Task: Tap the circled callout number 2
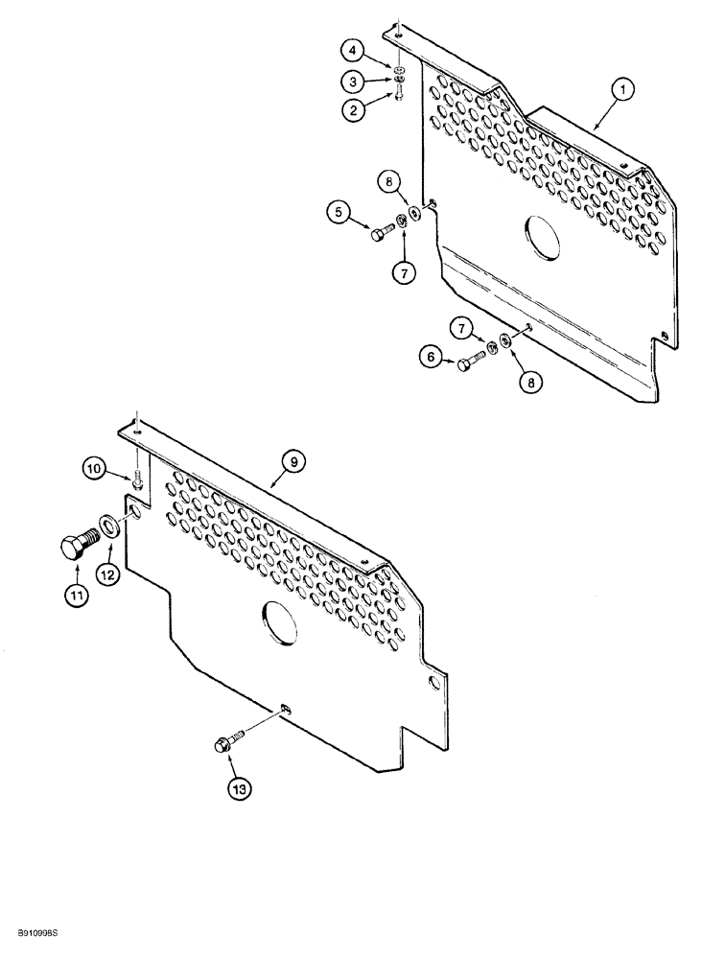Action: click(x=356, y=109)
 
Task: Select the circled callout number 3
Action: click(x=356, y=81)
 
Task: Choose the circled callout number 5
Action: click(x=339, y=213)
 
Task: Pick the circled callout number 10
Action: click(x=94, y=469)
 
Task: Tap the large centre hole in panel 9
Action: click(x=279, y=620)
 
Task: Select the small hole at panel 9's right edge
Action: click(x=437, y=683)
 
